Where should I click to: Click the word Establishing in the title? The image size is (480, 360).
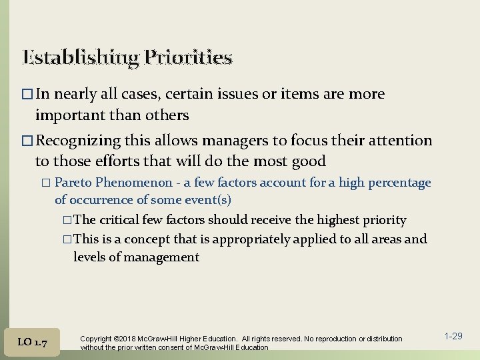click(79, 58)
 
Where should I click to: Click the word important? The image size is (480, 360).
click(69, 115)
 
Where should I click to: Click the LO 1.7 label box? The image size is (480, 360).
click(33, 342)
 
